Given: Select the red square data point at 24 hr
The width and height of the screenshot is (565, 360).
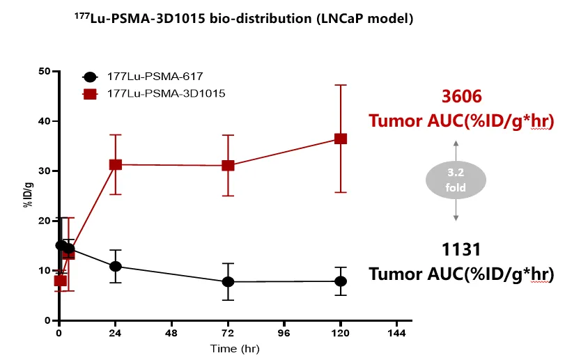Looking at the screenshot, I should [x=116, y=164].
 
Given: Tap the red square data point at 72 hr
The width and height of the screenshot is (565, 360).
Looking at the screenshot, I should [x=228, y=166].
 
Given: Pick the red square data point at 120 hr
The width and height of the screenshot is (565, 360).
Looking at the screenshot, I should [x=341, y=139].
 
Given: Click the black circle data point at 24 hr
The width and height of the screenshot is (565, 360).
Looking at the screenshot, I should [x=116, y=267].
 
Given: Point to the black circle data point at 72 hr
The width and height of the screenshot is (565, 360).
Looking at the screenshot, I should [x=228, y=281].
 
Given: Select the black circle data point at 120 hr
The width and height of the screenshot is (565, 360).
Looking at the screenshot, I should [x=341, y=281].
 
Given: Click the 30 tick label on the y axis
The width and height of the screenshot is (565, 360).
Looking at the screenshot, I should [x=44, y=171].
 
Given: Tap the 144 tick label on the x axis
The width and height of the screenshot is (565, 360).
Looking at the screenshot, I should [x=396, y=333].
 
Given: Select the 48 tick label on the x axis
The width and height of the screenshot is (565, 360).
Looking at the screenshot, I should [x=172, y=333].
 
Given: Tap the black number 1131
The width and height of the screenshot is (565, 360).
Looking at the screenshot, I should [x=461, y=249].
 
